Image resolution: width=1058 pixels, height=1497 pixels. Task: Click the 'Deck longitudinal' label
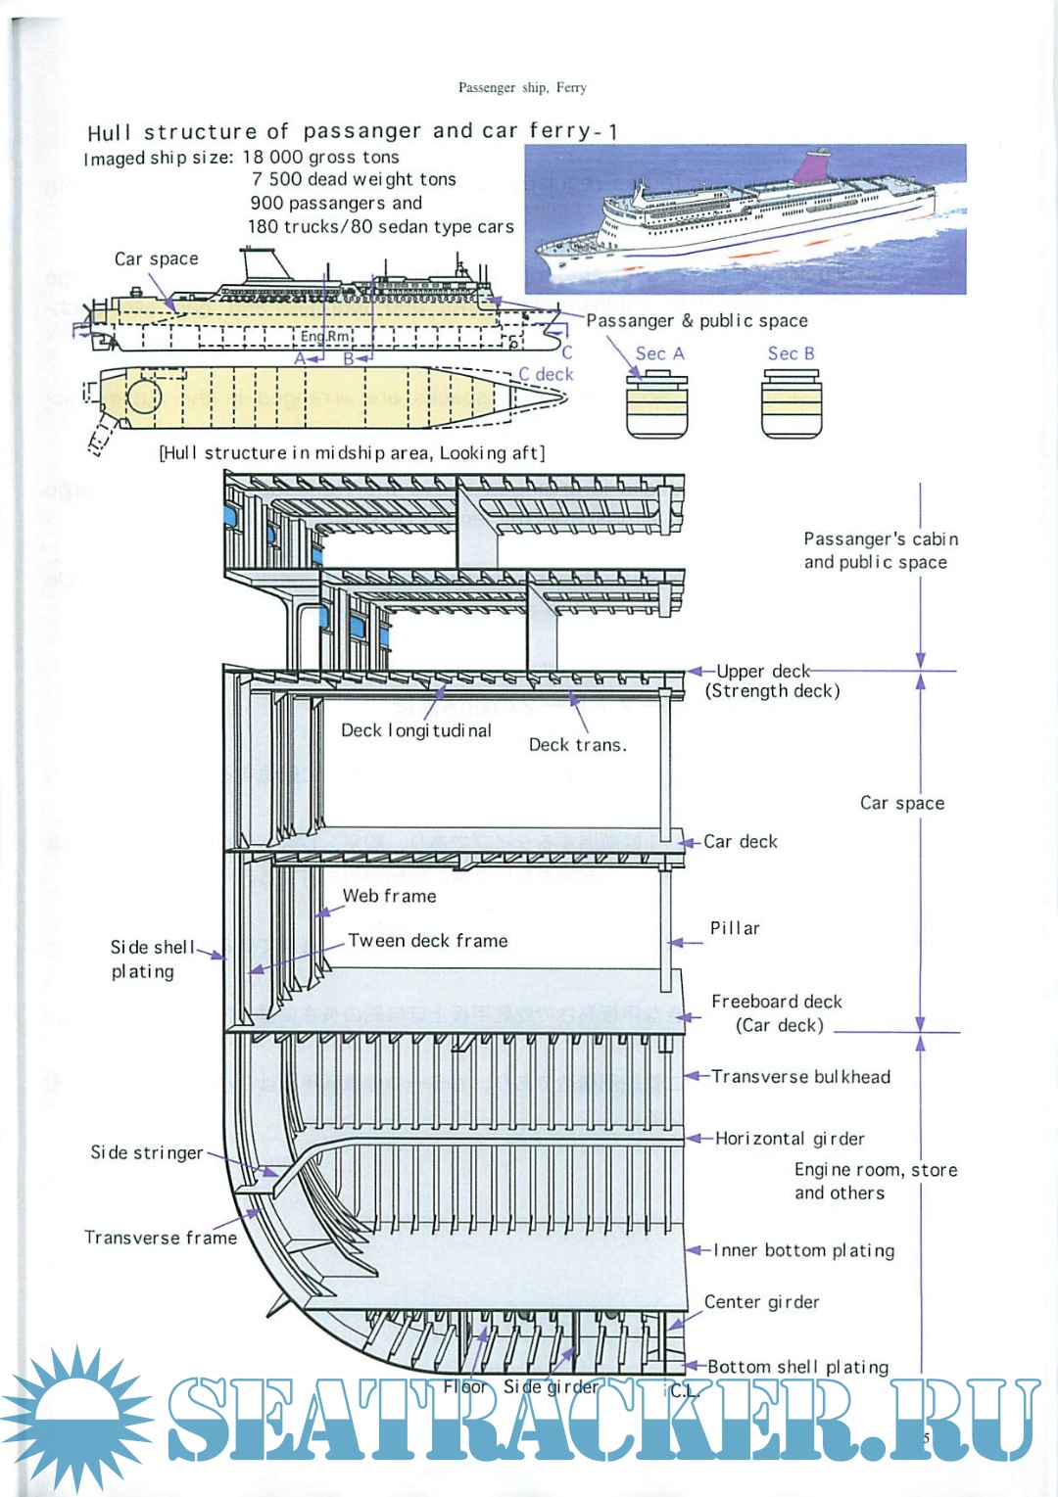416,730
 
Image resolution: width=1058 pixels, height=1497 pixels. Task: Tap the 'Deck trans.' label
577,745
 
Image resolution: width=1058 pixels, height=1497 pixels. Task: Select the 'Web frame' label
389,896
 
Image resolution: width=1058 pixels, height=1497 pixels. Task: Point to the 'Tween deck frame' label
427,941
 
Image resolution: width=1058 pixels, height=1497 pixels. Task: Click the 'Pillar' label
735,928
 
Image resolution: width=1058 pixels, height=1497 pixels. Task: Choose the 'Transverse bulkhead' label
800,1077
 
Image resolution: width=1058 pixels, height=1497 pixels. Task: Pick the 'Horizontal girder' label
790,1139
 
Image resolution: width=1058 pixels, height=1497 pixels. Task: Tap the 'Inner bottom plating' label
803,1250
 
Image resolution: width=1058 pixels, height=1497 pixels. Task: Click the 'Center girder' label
761,1302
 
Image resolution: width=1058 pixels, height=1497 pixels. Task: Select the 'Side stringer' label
147,1153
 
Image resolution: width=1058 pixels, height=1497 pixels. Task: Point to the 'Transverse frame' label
161,1238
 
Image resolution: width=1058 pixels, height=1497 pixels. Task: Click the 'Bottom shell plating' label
797,1367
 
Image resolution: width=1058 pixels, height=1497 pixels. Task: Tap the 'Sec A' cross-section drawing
656,407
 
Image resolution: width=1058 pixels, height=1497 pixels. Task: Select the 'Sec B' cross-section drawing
792,407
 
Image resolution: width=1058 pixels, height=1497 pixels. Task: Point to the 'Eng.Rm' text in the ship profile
324,336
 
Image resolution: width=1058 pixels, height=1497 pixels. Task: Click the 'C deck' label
546,374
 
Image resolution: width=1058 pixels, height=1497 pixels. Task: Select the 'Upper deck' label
762,672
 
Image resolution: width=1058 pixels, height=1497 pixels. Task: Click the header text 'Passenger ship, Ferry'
522,87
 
